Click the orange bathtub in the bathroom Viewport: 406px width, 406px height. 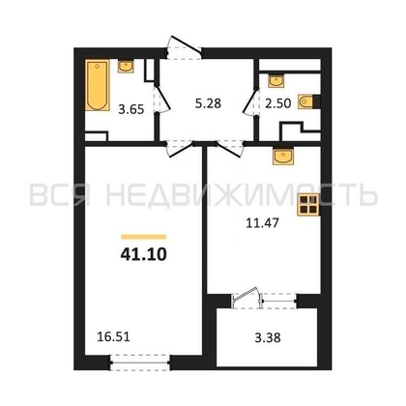97,87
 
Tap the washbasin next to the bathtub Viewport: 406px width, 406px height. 127,67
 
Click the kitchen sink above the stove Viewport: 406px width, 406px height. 285,155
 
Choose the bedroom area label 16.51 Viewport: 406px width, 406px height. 112,338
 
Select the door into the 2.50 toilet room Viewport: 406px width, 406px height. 253,97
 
